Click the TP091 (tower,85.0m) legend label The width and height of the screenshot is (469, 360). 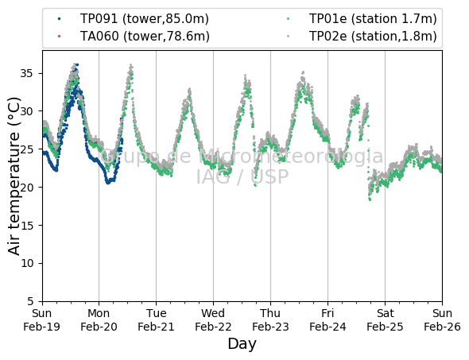click(x=144, y=19)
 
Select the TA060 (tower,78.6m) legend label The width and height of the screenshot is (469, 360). click(x=145, y=37)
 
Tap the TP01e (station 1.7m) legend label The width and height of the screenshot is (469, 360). click(x=373, y=19)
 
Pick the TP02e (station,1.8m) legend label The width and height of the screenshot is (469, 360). click(x=373, y=37)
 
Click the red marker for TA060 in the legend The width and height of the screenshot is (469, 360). click(x=59, y=37)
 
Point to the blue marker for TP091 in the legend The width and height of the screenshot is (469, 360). click(x=59, y=19)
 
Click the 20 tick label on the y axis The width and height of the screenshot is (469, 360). click(x=26, y=188)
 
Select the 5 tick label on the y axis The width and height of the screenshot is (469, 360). click(x=30, y=301)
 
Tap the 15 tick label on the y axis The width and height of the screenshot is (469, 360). click(x=26, y=225)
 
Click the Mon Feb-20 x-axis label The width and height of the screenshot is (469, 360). click(x=99, y=320)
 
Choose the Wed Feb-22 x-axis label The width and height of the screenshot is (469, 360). click(x=213, y=320)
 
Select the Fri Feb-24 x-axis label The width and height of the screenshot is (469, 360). click(x=328, y=320)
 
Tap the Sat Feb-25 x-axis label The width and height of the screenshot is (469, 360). click(x=385, y=320)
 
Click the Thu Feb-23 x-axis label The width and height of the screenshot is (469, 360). click(x=270, y=320)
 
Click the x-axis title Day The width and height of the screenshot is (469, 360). click(x=242, y=343)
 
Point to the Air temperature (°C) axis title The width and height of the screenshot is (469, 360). click(x=14, y=176)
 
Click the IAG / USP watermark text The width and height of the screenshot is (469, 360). click(x=242, y=176)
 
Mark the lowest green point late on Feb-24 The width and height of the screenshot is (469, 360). click(x=370, y=199)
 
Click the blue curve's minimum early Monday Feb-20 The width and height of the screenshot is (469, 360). click(x=108, y=183)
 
